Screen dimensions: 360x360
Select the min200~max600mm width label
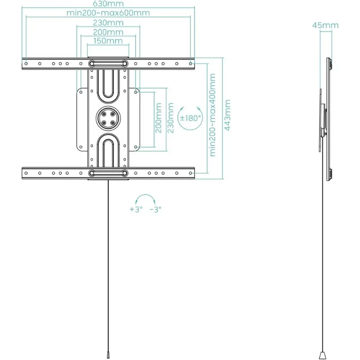[108, 13]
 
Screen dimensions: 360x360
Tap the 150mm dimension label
[108, 41]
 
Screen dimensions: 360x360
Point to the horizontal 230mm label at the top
[108, 22]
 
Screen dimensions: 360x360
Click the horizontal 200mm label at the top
[108, 32]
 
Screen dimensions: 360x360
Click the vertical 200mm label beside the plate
[158, 118]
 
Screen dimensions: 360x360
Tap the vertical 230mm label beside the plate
[171, 118]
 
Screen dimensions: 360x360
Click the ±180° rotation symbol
[190, 118]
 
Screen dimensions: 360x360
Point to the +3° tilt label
[135, 209]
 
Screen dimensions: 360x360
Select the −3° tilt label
[155, 209]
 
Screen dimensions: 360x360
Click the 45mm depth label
[325, 25]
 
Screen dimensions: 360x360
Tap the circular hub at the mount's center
[108, 118]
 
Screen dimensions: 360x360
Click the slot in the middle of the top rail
[108, 63]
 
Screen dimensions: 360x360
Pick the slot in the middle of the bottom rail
[108, 173]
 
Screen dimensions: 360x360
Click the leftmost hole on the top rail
[26, 63]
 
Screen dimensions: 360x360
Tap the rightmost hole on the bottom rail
[190, 173]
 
